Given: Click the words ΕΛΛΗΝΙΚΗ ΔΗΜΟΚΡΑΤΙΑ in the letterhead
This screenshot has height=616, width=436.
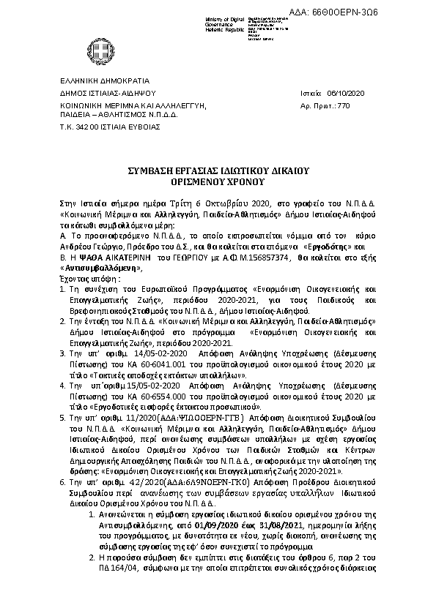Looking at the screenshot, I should tap(104, 80).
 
